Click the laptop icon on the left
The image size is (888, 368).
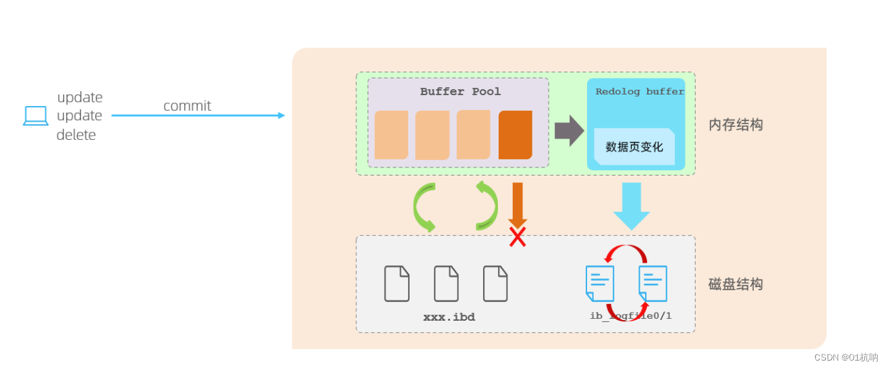coord(36,116)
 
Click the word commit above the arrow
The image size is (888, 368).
coord(187,106)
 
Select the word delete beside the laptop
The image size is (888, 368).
coord(76,135)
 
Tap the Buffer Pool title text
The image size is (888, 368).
coord(460,91)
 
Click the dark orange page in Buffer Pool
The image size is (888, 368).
coord(516,135)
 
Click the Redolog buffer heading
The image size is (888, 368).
coord(639,91)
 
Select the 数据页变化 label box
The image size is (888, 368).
coord(634,147)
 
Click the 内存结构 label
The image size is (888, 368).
coord(736,125)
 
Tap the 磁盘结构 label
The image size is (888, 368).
coord(736,284)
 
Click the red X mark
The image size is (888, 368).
coord(518,237)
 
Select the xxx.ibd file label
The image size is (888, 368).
coord(449,317)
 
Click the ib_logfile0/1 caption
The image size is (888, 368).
coord(630,316)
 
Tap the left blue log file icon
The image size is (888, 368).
coord(600,284)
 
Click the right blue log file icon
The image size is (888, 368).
coord(653,284)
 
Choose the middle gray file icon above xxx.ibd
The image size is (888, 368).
coord(446,284)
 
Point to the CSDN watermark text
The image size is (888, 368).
coord(845,357)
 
